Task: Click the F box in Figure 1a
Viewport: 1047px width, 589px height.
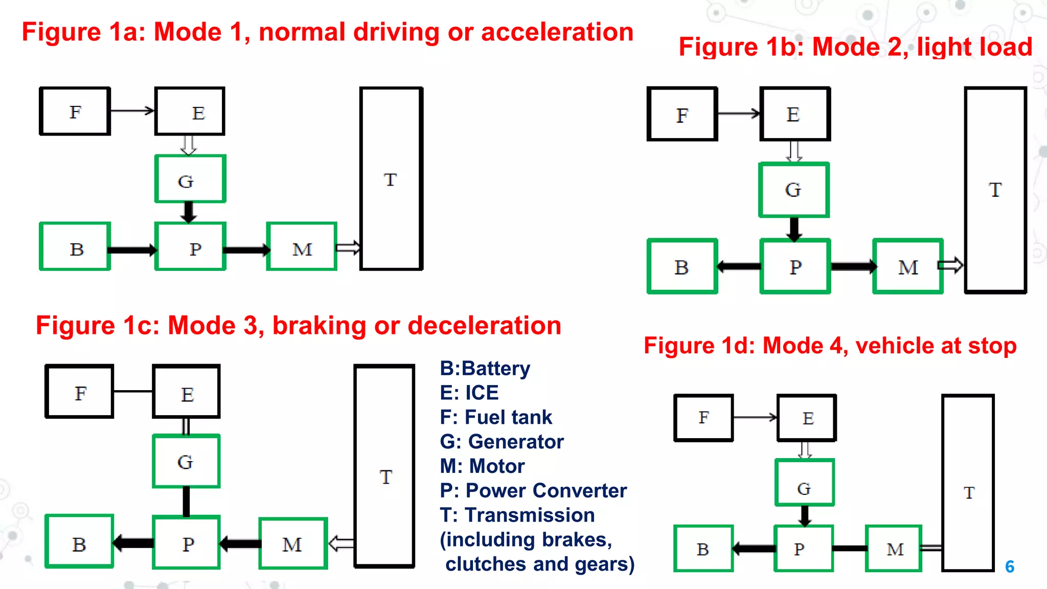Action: (75, 111)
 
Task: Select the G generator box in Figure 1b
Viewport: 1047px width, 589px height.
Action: (794, 190)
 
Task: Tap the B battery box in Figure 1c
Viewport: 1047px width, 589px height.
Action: (79, 542)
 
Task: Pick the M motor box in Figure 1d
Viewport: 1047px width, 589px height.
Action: (894, 549)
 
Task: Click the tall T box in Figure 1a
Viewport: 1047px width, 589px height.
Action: (391, 179)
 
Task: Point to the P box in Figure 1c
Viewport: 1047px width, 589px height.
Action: (187, 543)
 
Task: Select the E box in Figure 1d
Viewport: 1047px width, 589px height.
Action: (807, 418)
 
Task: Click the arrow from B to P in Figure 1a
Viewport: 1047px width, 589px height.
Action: (132, 250)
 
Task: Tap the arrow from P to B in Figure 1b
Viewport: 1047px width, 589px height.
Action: (739, 266)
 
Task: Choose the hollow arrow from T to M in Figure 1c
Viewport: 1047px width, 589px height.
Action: (341, 543)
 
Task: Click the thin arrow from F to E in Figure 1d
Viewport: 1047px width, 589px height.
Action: (755, 418)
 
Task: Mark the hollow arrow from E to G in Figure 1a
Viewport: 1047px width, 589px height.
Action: (189, 145)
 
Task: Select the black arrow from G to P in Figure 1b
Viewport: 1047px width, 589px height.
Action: (794, 229)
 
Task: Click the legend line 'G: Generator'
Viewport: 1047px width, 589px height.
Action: (502, 442)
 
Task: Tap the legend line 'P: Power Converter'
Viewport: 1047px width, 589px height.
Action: (533, 491)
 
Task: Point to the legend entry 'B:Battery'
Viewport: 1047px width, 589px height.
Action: (485, 369)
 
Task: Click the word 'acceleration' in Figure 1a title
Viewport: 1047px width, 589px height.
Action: (557, 32)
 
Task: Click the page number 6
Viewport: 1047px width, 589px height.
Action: (1010, 567)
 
